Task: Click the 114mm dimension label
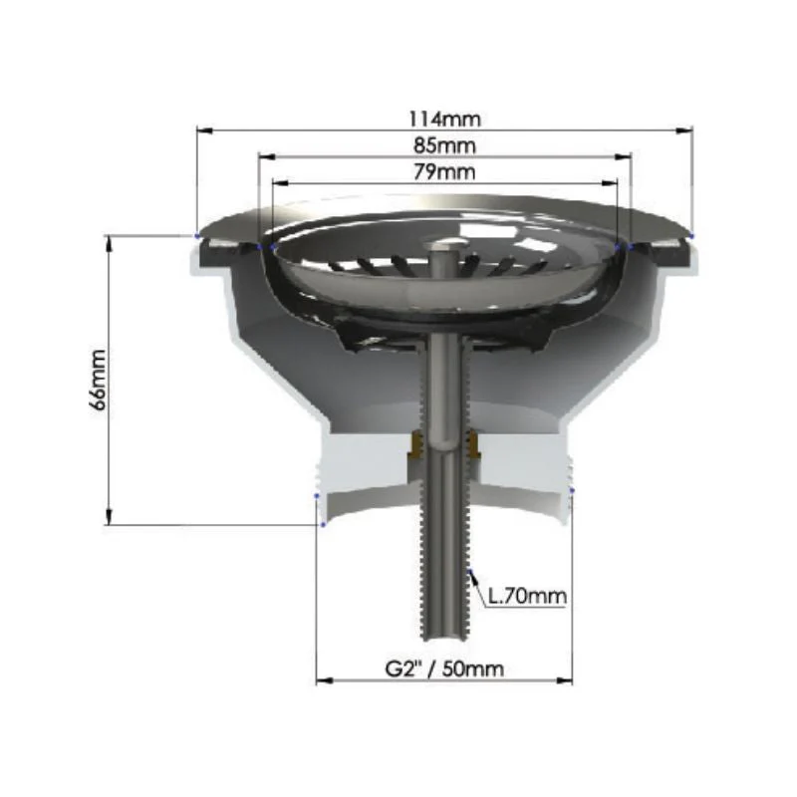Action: click(444, 119)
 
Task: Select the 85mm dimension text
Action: click(444, 145)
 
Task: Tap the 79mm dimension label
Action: click(444, 172)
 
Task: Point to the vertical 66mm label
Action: click(98, 380)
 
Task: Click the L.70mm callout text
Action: click(527, 596)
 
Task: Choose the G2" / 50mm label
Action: click(444, 667)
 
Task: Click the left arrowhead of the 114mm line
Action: click(205, 131)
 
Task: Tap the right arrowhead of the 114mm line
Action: click(684, 131)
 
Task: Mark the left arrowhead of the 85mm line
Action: click(267, 157)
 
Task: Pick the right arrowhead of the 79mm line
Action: click(610, 183)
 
